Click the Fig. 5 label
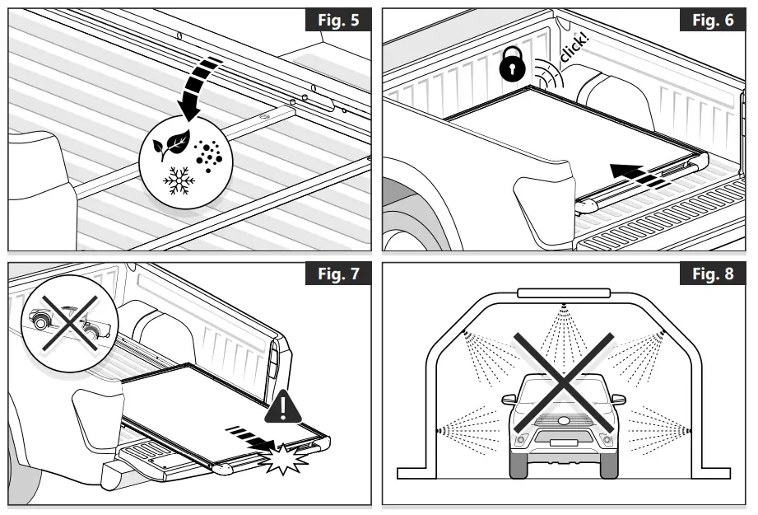tap(337, 19)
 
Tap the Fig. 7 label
tap(337, 273)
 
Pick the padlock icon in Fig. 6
tap(513, 63)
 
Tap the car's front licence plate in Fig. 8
tap(563, 442)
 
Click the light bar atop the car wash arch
tap(564, 293)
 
